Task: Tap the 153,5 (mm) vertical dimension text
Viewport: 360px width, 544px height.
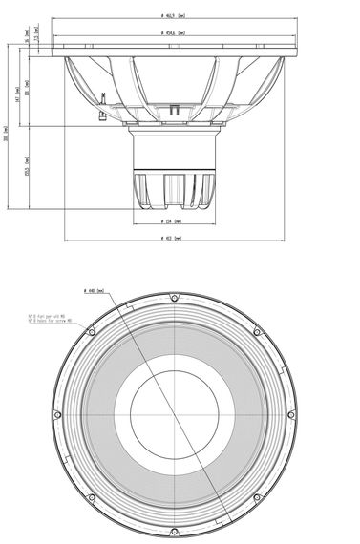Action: [x=28, y=168]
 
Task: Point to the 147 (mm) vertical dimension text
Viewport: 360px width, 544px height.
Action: [x=28, y=94]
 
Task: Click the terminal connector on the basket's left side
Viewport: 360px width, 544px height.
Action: [x=98, y=95]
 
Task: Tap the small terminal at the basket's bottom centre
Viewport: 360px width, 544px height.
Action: [x=175, y=113]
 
